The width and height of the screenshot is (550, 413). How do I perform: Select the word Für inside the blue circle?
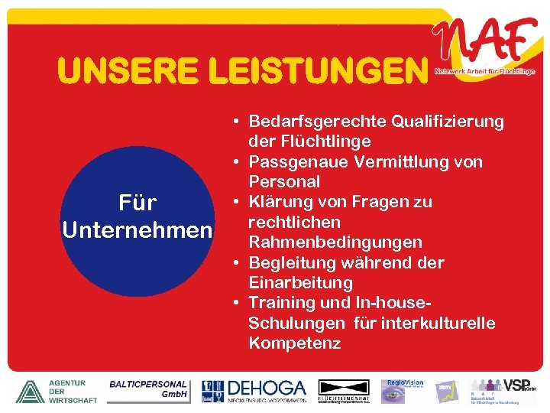(137, 203)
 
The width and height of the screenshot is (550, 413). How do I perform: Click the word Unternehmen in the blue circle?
(137, 229)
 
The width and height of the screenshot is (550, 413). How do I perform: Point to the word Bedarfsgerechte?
(318, 122)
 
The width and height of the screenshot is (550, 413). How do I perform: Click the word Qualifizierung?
(448, 122)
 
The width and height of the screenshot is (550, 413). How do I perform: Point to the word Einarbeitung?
(300, 283)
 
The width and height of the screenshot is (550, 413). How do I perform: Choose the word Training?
(280, 303)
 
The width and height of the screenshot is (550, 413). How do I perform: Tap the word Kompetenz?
(294, 343)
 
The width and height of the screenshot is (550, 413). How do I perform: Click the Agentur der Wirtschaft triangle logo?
(29, 391)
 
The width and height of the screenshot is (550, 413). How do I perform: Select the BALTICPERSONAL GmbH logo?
(148, 389)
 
